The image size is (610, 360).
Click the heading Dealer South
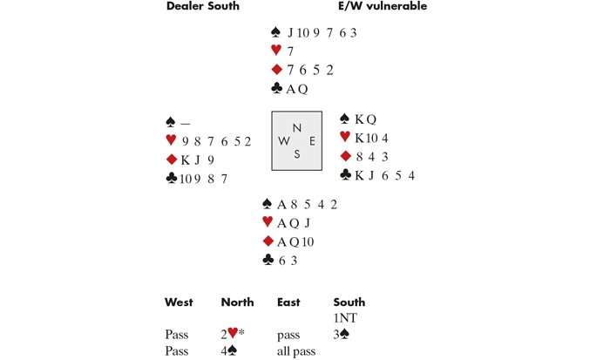pyautogui.click(x=203, y=6)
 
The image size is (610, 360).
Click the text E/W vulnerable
pyautogui.click(x=383, y=6)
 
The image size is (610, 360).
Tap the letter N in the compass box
pyautogui.click(x=297, y=127)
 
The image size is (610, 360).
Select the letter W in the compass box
pyautogui.click(x=283, y=141)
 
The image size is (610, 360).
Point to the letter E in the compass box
pyautogui.click(x=312, y=141)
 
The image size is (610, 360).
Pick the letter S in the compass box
pyautogui.click(x=297, y=154)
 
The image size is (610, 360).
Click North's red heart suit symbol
pyautogui.click(x=276, y=50)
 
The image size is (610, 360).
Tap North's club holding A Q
pyautogui.click(x=297, y=89)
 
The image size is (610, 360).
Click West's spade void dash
pyautogui.click(x=185, y=124)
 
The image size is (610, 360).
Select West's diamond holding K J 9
pyautogui.click(x=198, y=160)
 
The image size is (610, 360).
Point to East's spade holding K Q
pyautogui.click(x=366, y=119)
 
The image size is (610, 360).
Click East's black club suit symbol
pyautogui.click(x=345, y=174)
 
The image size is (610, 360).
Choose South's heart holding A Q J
pyautogui.click(x=294, y=223)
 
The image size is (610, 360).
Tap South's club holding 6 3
pyautogui.click(x=288, y=261)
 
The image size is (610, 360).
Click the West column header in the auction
pyautogui.click(x=179, y=302)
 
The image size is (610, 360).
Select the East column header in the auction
pyautogui.click(x=288, y=302)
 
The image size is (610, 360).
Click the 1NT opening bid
pyautogui.click(x=345, y=318)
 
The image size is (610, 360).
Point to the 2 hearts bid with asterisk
pyautogui.click(x=233, y=334)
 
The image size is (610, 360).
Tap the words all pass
pyautogui.click(x=296, y=351)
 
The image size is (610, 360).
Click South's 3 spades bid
pyautogui.click(x=342, y=335)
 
